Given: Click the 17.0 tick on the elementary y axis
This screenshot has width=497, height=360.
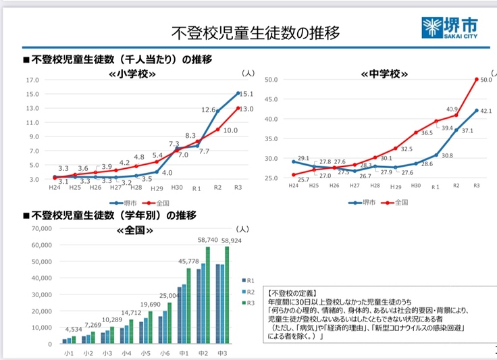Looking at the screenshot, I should [x=33, y=80].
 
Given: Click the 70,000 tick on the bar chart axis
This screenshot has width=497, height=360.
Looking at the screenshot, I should [x=38, y=229].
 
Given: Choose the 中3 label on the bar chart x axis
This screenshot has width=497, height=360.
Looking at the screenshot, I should [x=220, y=353].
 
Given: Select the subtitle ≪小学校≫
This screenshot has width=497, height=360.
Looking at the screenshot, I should [x=132, y=73].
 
